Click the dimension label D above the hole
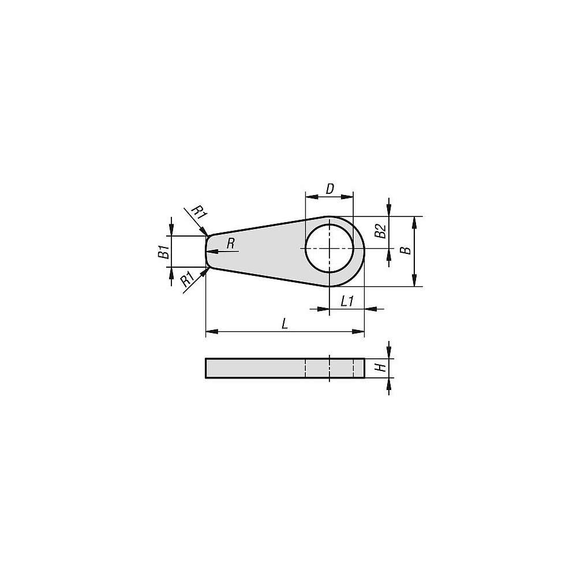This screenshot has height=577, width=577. (x=329, y=189)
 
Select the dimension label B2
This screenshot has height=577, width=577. (x=380, y=231)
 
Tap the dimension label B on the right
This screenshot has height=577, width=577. (x=406, y=250)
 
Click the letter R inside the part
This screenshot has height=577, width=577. (x=231, y=243)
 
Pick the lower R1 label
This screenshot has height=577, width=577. (x=188, y=280)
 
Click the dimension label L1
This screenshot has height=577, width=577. (x=347, y=301)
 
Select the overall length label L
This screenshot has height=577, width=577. (x=284, y=324)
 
